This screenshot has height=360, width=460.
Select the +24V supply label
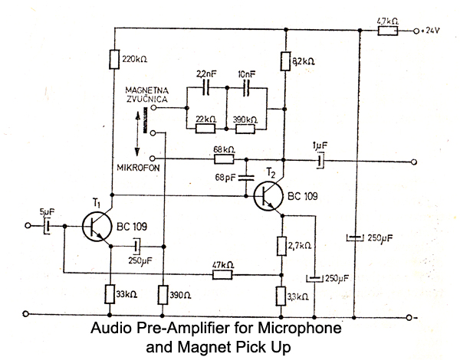point(432,31)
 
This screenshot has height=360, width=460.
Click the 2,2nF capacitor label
point(205,74)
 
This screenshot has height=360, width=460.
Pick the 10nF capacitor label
point(247,74)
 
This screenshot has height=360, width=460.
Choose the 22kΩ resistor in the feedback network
point(205,127)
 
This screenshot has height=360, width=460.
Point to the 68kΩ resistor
point(224,160)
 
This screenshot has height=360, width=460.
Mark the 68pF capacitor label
point(227,178)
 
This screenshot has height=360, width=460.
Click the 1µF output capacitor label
point(320,146)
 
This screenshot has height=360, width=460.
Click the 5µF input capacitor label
point(48,213)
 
